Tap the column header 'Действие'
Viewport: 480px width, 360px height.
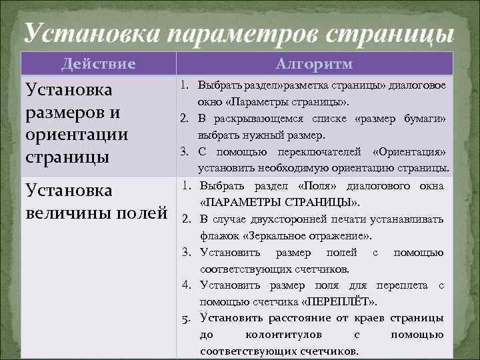pyautogui.click(x=99, y=64)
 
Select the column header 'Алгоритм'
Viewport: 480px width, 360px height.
pyautogui.click(x=315, y=64)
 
